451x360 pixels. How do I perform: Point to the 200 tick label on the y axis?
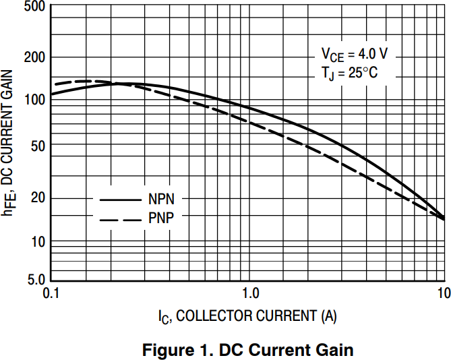pyautogui.click(x=34, y=57)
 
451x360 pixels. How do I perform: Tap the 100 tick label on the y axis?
pyautogui.click(x=34, y=99)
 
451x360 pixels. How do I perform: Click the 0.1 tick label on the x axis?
pyautogui.click(x=51, y=293)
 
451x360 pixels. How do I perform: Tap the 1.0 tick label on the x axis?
pyautogui.click(x=249, y=293)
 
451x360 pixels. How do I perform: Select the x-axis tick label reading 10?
pyautogui.click(x=443, y=293)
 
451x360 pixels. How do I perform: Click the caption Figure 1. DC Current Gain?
pyautogui.click(x=247, y=350)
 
